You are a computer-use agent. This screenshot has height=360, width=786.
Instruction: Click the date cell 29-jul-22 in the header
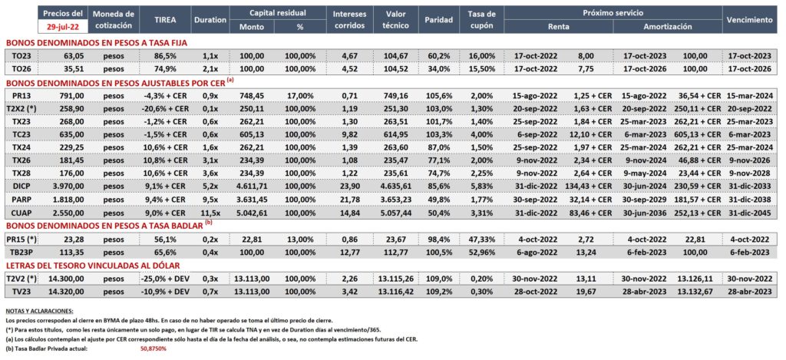click(x=63, y=25)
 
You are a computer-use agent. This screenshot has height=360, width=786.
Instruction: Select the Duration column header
click(x=210, y=19)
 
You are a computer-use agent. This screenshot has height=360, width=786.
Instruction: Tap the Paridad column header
click(x=438, y=19)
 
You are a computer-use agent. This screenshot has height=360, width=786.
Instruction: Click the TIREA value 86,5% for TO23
click(x=164, y=56)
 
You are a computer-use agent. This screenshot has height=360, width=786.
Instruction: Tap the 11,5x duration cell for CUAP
click(x=210, y=212)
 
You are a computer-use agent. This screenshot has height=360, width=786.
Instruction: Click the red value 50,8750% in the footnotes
click(x=153, y=348)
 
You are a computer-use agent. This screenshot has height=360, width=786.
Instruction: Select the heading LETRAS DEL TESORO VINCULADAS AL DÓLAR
click(x=92, y=266)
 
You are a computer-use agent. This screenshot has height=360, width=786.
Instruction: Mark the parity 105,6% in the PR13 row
click(x=438, y=94)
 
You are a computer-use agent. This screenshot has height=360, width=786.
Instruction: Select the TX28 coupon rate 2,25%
click(x=484, y=173)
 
